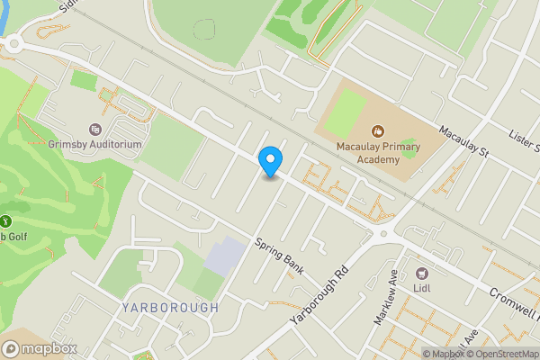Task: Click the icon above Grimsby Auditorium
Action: coord(95,129)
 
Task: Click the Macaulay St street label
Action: coord(463,141)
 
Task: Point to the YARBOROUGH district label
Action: coord(168,307)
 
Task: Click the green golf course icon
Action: coord(5,220)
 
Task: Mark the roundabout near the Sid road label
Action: coord(13,42)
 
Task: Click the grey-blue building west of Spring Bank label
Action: coord(223,257)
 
